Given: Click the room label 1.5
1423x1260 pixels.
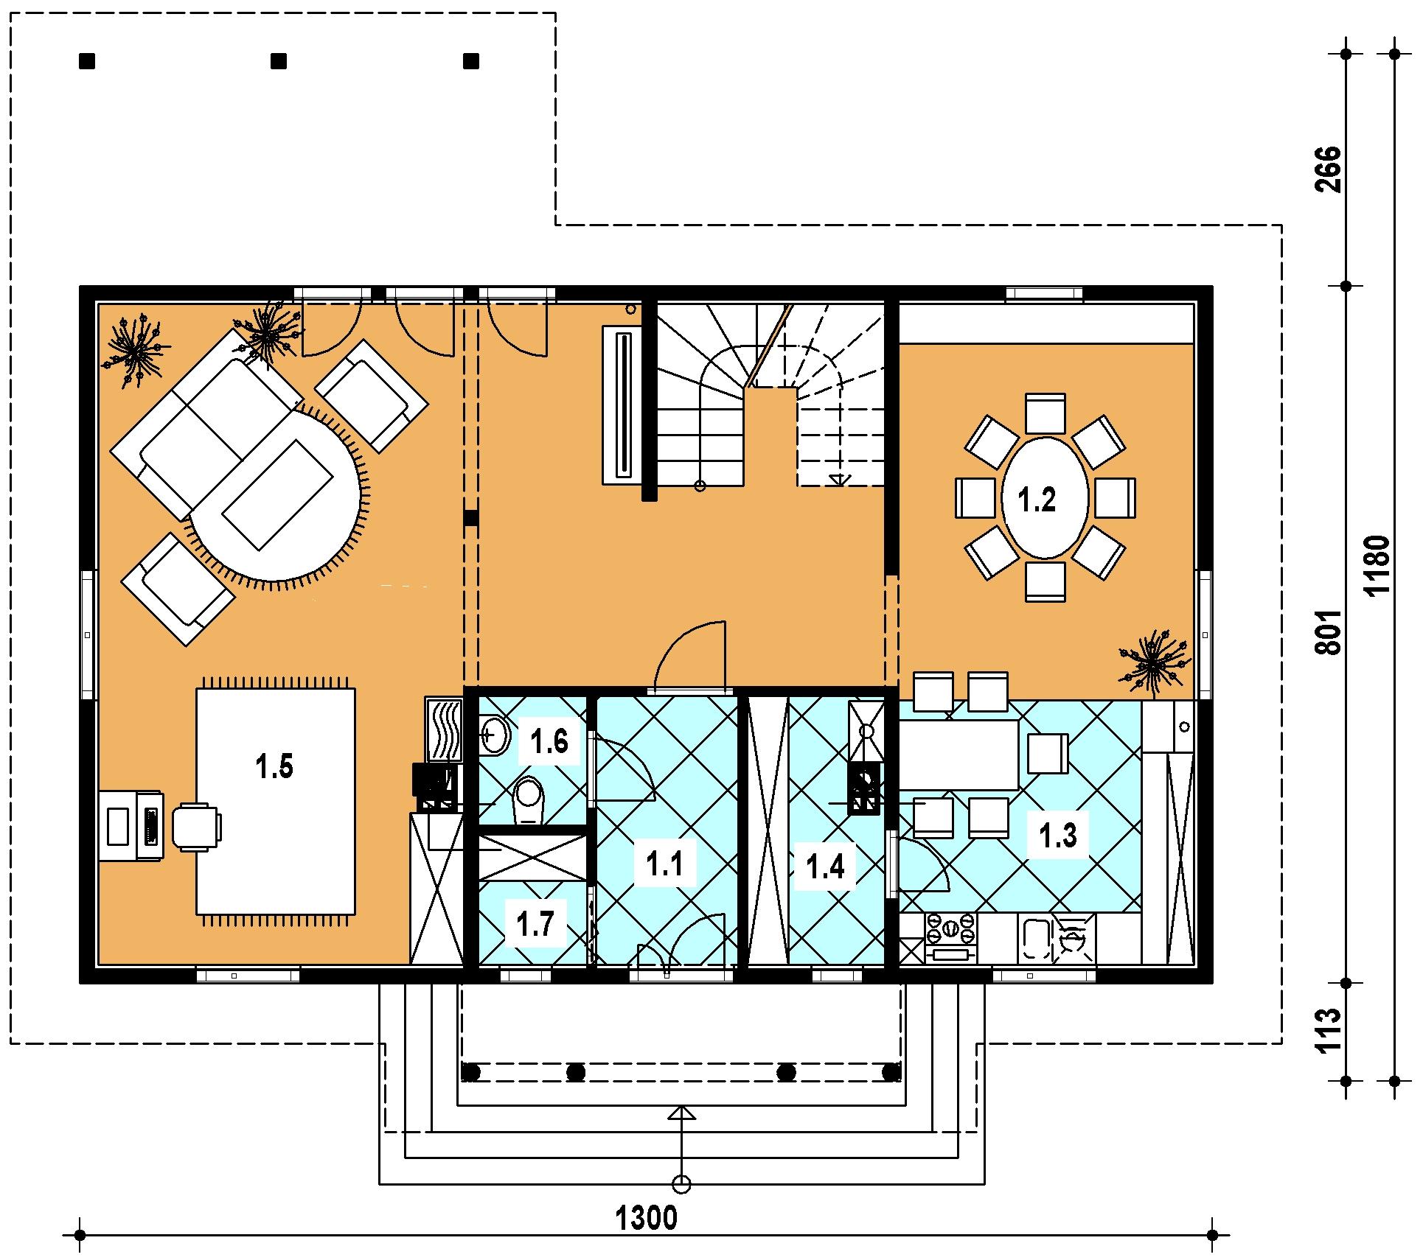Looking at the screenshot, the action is [274, 767].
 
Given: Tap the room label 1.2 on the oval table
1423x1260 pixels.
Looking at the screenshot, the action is [1037, 500].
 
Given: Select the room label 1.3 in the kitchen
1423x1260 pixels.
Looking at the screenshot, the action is [1058, 835].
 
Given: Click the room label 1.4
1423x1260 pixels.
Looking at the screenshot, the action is [825, 867].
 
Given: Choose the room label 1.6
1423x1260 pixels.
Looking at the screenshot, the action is [550, 741].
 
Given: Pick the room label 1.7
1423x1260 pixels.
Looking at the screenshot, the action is [535, 923].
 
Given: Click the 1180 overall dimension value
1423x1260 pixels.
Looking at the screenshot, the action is [1377, 565].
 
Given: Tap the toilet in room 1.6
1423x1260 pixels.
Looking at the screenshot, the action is [528, 800].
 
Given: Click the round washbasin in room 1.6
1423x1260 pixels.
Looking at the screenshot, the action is [495, 734].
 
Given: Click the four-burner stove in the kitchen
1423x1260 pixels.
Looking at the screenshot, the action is [950, 931].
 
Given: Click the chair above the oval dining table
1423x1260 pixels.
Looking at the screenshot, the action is [1045, 413].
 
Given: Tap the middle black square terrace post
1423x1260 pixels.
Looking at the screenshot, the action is [279, 61].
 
